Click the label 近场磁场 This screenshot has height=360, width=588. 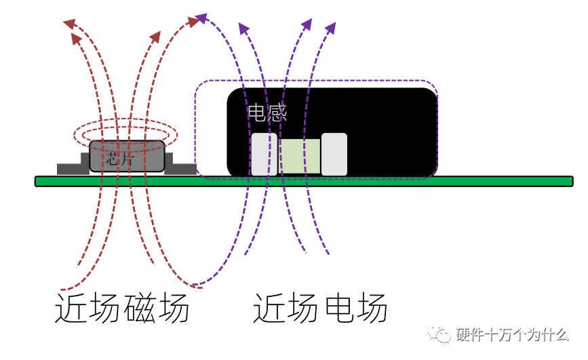(x=122, y=310)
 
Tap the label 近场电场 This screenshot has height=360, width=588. (x=320, y=310)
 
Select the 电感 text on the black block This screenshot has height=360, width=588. (x=267, y=113)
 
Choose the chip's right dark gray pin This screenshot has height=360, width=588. (x=179, y=167)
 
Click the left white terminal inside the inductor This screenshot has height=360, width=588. (x=264, y=155)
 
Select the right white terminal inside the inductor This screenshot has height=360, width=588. (x=334, y=155)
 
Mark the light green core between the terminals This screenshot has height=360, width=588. (x=299, y=157)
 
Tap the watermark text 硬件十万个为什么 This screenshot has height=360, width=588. (x=513, y=336)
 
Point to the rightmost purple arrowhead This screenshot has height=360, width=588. (x=331, y=28)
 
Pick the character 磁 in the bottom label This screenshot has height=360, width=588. (x=140, y=310)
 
